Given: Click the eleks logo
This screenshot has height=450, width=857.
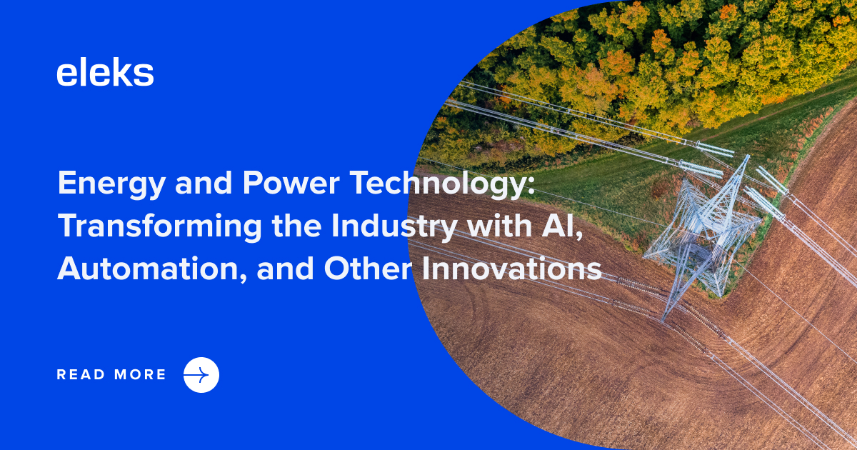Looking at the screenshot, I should click(105, 74).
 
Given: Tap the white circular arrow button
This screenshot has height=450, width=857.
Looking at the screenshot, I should click(201, 375).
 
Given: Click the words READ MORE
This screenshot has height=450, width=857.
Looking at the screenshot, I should click(111, 375).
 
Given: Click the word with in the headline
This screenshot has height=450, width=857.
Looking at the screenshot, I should click(492, 226).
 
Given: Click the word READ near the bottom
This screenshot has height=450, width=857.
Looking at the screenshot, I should click(80, 375).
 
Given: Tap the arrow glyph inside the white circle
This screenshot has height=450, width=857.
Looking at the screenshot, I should click(201, 375).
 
